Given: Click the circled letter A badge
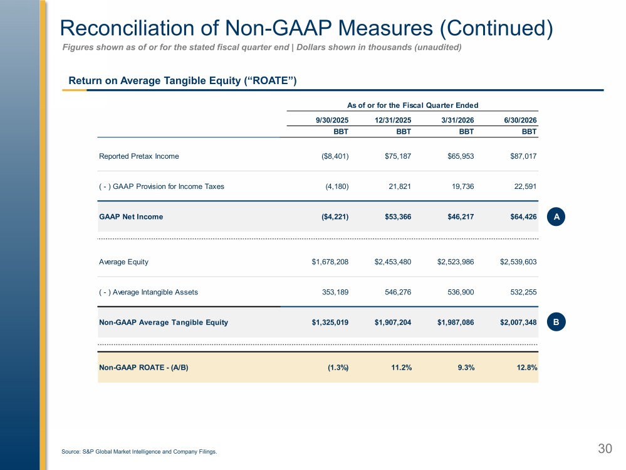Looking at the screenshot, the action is (x=556, y=216).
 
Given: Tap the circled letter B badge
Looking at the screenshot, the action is (x=556, y=322).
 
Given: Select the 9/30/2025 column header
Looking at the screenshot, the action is (x=332, y=120).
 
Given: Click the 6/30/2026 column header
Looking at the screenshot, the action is (x=520, y=120).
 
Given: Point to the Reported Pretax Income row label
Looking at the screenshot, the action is (x=139, y=156).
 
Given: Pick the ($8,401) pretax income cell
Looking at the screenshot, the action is (x=335, y=156).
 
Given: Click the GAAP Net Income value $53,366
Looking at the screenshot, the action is (x=398, y=216).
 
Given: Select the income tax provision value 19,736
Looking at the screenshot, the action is (x=462, y=186).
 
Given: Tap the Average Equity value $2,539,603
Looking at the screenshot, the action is (x=518, y=262).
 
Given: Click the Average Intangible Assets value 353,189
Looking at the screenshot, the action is (x=335, y=292).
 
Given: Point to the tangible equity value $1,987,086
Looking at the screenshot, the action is (x=456, y=323).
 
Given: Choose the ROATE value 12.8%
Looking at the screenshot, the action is (x=527, y=367).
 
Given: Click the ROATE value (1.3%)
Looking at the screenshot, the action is (x=338, y=367).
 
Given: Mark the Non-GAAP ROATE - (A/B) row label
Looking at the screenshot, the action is (x=143, y=367).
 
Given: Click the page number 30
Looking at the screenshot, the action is (x=605, y=449).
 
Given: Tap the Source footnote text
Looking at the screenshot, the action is (x=139, y=452).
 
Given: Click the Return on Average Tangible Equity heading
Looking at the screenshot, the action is (x=182, y=81).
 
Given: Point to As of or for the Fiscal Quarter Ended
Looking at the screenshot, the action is (x=412, y=105).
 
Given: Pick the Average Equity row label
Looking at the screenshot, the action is (x=124, y=262).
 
